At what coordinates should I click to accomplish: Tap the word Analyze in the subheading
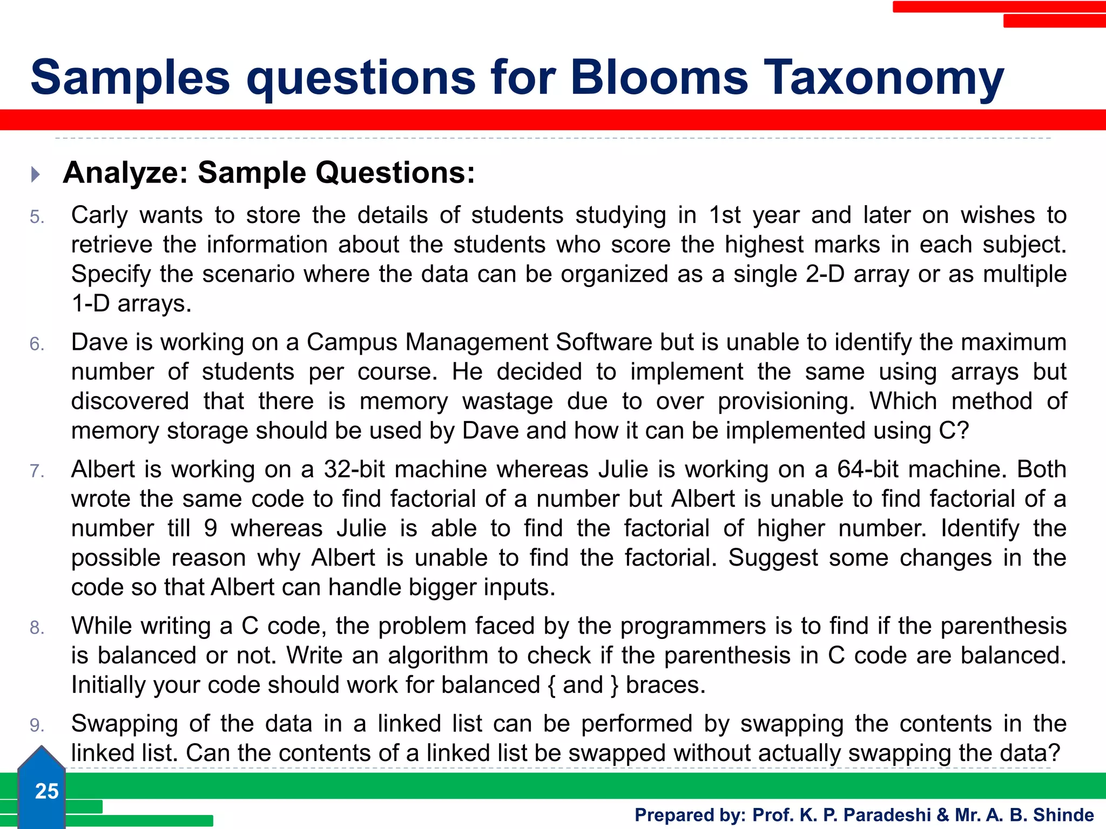125,173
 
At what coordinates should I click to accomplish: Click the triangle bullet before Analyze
36,174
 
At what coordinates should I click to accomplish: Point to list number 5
37,217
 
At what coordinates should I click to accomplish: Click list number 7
37,471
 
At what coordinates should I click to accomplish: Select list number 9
37,725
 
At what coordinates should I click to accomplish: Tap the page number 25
46,791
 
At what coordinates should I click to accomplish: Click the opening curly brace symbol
551,685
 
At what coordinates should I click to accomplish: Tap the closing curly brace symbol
615,685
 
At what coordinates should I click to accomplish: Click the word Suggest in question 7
773,558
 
